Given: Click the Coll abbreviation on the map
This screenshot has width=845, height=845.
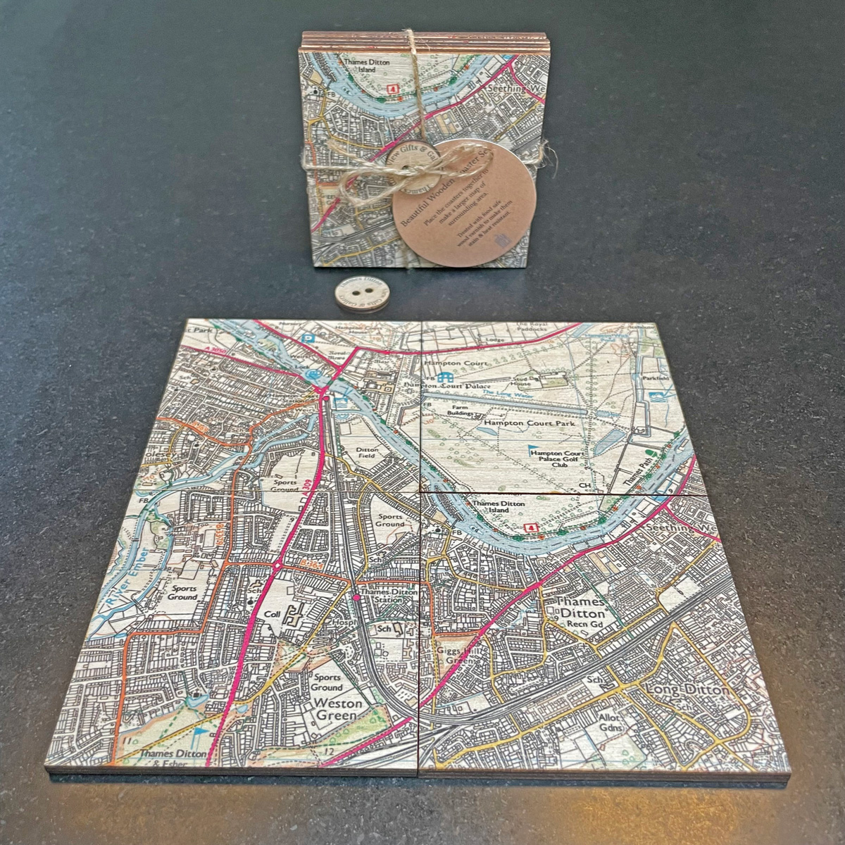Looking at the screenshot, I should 272,614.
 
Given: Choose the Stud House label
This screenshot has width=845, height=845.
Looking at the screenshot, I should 540,381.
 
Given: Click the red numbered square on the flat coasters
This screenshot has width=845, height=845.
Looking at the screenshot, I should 532,527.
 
